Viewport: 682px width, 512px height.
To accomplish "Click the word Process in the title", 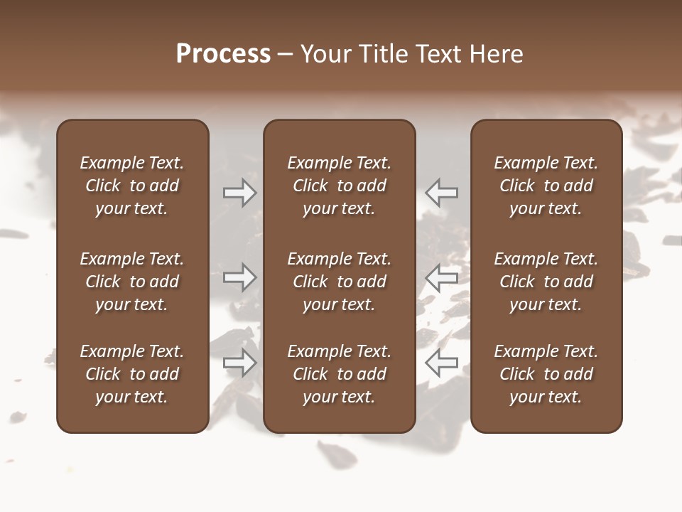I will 223,54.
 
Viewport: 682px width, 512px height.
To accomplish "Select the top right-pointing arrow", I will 240,193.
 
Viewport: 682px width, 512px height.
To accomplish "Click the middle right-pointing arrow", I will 240,277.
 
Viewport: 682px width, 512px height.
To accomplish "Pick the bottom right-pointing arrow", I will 240,363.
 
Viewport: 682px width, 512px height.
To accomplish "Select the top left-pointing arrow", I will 442,193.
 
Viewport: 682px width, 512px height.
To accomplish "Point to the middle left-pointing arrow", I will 442,277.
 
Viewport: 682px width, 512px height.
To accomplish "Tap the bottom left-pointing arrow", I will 442,363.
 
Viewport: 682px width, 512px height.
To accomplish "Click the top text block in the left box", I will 132,186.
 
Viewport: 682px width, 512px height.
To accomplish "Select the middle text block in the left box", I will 132,282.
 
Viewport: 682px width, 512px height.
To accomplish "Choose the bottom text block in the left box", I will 132,374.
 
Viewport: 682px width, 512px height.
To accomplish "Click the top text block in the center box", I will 340,186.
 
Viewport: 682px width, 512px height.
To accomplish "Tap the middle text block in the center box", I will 340,282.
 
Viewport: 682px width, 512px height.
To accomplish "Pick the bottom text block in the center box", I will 340,374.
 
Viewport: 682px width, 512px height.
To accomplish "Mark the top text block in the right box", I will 546,186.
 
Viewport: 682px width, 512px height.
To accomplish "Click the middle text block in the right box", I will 546,282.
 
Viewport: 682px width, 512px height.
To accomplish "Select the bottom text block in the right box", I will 546,374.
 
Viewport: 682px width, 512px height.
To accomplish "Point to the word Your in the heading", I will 325,54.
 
